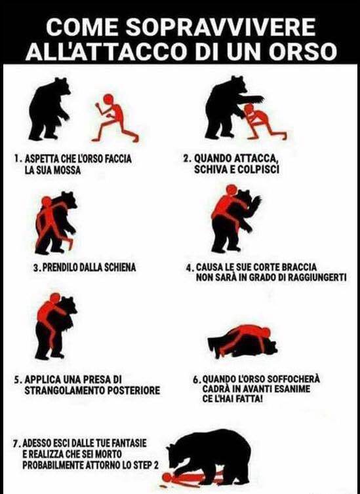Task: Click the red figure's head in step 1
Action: point(108,99)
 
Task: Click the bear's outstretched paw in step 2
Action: point(256,99)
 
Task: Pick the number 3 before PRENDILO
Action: point(36,268)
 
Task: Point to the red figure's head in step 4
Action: point(231,189)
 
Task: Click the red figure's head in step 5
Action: point(55,298)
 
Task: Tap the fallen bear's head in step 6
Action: point(270,347)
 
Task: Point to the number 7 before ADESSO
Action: point(16,444)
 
